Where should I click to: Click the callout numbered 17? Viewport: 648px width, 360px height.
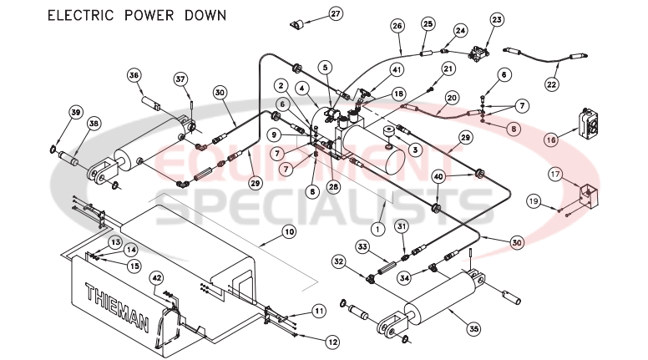[554, 174]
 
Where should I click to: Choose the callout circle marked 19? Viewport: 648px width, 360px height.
[533, 200]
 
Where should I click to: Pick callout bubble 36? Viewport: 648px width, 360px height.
[134, 74]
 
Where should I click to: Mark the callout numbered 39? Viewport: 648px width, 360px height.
[75, 113]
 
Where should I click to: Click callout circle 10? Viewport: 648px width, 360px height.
[288, 231]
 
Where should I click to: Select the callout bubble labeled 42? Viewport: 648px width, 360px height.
[156, 277]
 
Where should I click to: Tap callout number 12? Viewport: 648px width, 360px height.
[332, 342]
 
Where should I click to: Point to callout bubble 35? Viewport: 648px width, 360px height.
[473, 329]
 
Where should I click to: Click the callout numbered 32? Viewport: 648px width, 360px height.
[338, 261]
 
